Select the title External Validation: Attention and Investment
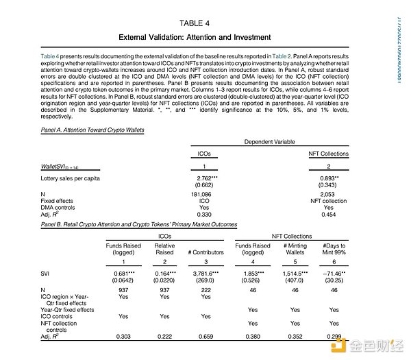[x=195, y=37]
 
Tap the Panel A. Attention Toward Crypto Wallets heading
[x=92, y=130]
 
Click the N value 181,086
[x=204, y=195]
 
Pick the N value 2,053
[x=329, y=195]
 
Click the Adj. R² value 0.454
[x=329, y=215]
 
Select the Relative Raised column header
[x=164, y=249]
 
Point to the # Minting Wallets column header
[x=295, y=249]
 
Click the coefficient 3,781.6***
[x=207, y=274]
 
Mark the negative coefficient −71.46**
[x=334, y=274]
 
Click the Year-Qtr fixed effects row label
[x=67, y=309]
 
